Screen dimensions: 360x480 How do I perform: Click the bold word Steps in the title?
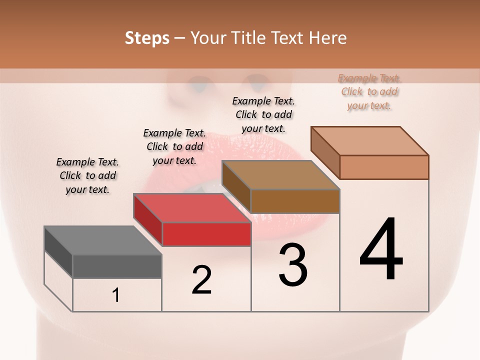[147, 38]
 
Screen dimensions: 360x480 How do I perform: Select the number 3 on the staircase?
[293, 265]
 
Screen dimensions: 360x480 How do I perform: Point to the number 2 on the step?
[202, 280]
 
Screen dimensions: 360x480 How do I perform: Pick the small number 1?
[116, 295]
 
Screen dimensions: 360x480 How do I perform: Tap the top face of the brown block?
[280, 175]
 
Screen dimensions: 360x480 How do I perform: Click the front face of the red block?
[206, 234]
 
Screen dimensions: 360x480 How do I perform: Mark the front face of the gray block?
[117, 266]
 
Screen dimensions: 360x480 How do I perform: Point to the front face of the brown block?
[295, 201]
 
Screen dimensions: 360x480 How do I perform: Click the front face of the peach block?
[384, 167]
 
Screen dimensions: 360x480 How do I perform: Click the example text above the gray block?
[87, 175]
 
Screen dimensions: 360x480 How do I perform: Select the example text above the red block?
[174, 146]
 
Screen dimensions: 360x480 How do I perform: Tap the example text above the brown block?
[263, 114]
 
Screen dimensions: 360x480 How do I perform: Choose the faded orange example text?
[369, 91]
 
